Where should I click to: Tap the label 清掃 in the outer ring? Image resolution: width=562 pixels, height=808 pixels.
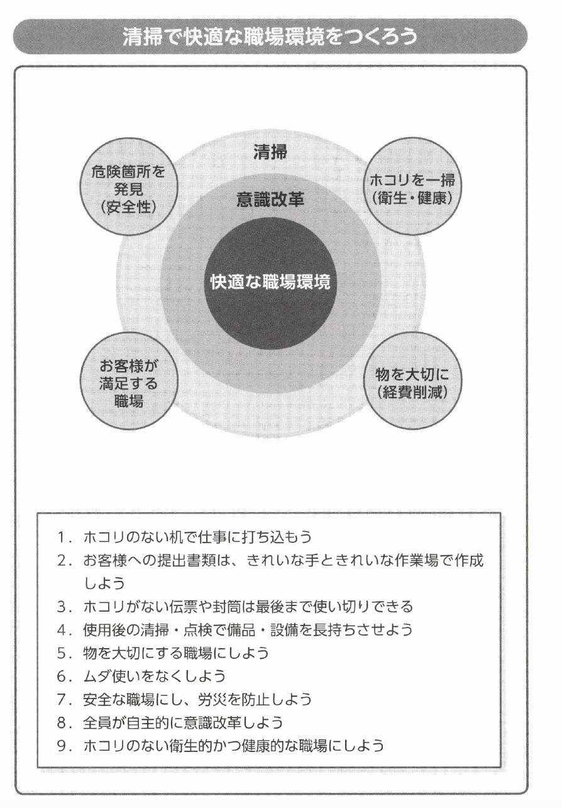pyautogui.click(x=270, y=153)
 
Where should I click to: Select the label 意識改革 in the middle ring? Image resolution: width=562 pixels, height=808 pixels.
pyautogui.click(x=270, y=200)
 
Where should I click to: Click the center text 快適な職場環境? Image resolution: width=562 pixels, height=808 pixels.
pyautogui.click(x=270, y=282)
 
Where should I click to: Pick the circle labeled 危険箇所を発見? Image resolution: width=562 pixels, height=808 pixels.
pyautogui.click(x=128, y=188)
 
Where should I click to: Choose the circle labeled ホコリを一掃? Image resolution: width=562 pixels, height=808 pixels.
pyautogui.click(x=413, y=188)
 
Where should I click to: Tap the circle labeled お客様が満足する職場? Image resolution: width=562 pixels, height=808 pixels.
pyautogui.click(x=128, y=383)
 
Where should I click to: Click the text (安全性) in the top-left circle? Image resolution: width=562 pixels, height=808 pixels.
pyautogui.click(x=128, y=206)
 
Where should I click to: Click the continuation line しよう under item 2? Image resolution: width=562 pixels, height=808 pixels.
pyautogui.click(x=104, y=583)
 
